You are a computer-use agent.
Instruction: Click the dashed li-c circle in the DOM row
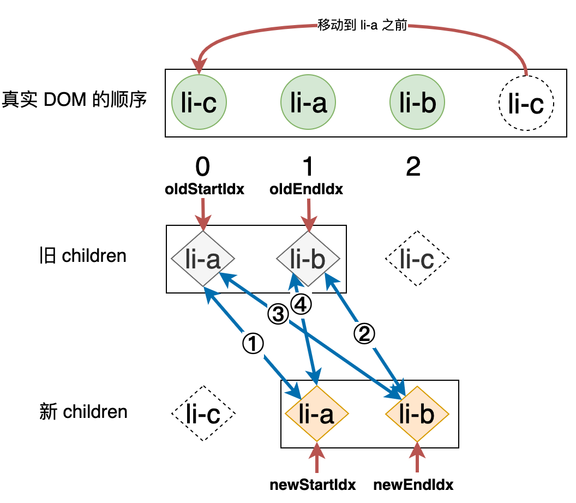click(526, 103)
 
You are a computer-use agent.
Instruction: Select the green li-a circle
click(308, 103)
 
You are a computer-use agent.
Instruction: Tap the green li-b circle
click(417, 103)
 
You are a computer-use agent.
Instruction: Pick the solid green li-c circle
click(199, 103)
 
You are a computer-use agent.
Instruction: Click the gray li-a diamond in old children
click(203, 259)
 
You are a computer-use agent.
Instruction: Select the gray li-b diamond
click(308, 259)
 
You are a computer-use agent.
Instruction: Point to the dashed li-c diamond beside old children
click(417, 259)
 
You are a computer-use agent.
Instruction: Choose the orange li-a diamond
click(316, 414)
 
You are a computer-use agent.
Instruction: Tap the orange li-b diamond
click(417, 414)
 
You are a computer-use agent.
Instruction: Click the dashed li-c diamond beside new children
click(203, 414)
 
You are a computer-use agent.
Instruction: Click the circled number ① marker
click(253, 343)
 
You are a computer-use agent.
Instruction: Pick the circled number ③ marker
click(278, 314)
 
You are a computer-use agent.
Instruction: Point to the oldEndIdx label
click(307, 190)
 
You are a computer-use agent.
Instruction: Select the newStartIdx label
click(313, 484)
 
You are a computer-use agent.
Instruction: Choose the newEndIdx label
click(413, 484)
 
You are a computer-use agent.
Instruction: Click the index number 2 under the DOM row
click(413, 167)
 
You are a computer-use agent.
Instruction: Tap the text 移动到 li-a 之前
click(362, 26)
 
